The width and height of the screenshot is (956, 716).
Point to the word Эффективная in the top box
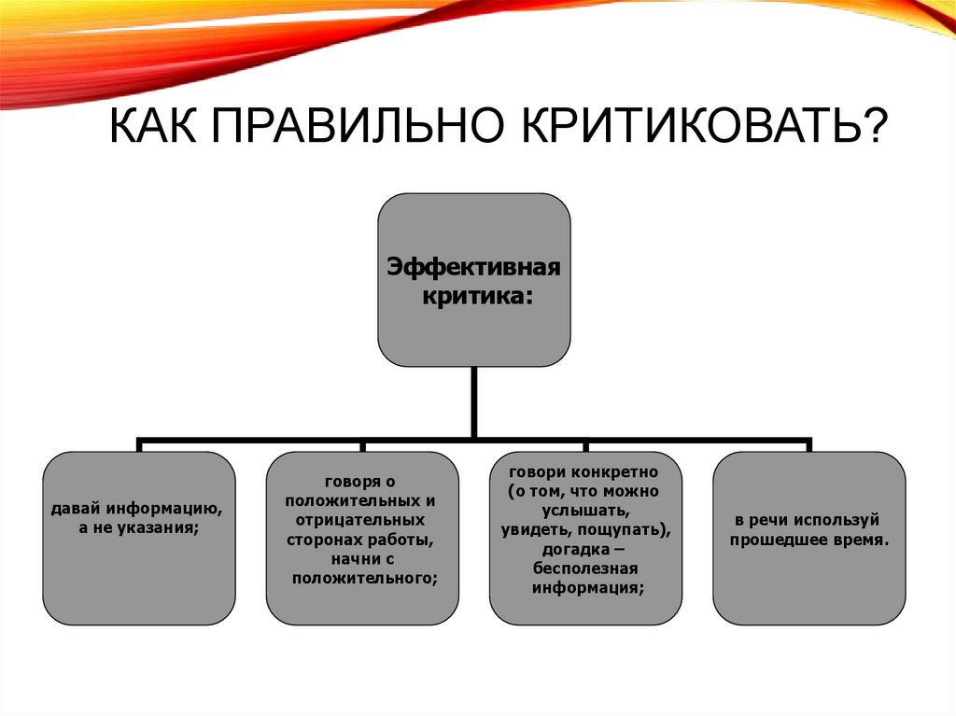click(473, 269)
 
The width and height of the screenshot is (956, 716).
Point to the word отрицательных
click(358, 520)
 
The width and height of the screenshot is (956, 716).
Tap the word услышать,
click(584, 511)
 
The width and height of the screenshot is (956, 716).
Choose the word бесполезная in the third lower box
click(585, 569)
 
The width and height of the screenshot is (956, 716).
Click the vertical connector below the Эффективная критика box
click(473, 401)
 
